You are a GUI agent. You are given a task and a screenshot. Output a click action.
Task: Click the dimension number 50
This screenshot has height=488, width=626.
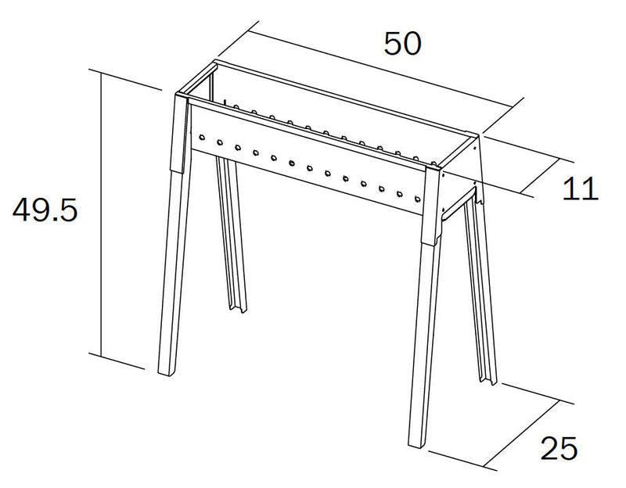(402, 44)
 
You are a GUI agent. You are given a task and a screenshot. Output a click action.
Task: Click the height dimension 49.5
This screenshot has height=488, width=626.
(45, 210)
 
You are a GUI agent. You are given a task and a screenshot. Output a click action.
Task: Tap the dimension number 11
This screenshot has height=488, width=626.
(580, 188)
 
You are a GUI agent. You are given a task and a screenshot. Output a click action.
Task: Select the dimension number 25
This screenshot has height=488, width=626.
(559, 447)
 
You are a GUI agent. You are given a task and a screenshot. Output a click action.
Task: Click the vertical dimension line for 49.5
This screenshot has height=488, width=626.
(102, 214)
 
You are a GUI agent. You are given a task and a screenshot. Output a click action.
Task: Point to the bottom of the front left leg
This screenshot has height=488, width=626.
(166, 374)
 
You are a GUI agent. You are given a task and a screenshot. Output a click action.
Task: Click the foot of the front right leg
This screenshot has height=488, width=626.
(416, 445)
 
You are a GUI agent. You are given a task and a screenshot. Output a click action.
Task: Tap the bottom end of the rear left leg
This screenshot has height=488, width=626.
(238, 309)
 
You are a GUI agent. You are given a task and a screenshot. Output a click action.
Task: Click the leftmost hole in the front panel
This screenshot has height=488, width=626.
(202, 138)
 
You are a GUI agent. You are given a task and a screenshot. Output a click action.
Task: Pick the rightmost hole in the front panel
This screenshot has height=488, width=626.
(417, 199)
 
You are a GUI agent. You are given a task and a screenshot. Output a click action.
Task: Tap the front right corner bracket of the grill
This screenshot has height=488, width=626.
(433, 206)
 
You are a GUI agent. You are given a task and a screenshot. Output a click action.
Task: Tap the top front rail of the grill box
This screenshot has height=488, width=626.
(308, 134)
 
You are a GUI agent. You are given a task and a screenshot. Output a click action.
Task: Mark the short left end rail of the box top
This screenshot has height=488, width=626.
(197, 77)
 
